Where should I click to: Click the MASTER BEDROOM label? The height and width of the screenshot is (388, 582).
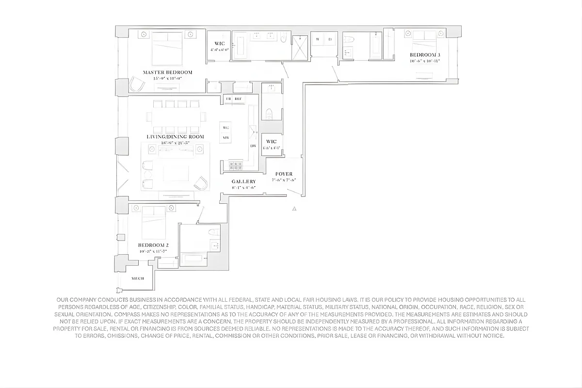[167, 72]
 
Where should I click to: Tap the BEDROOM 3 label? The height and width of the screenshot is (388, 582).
[425, 55]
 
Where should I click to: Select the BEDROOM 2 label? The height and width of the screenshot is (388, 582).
[153, 245]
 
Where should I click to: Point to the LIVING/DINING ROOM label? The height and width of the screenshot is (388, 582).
[175, 137]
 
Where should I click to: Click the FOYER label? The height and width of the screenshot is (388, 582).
[284, 174]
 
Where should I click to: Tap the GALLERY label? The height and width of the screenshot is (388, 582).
[243, 181]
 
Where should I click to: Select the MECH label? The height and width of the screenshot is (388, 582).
[138, 279]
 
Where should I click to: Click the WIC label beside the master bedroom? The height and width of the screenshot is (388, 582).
[219, 44]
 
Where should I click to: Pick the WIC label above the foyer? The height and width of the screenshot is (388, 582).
[271, 142]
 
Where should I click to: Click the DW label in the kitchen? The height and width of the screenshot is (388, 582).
[253, 146]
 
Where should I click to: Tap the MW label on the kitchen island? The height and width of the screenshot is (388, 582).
[226, 138]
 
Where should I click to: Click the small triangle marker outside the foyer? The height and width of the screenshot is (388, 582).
[294, 209]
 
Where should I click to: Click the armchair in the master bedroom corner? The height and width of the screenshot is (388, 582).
[137, 85]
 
